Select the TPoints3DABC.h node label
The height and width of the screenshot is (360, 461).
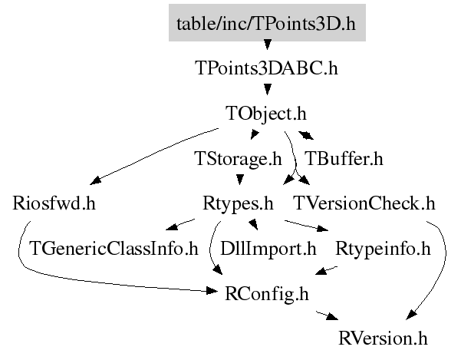pos(267,68)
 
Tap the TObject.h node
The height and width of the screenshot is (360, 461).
pos(266,114)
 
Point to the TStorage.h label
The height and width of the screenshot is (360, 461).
pos(237,159)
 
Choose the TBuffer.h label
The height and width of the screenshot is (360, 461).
pos(344,159)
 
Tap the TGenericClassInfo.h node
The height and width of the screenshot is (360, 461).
pos(114,249)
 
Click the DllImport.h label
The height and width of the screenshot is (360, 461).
pos(268,249)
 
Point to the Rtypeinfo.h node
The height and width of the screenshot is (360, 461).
pos(383,249)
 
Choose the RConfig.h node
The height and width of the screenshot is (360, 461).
pos(267,293)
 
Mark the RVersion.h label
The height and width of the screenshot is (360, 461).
pos(383,339)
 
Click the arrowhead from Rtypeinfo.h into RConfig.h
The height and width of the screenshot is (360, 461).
pos(322,270)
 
